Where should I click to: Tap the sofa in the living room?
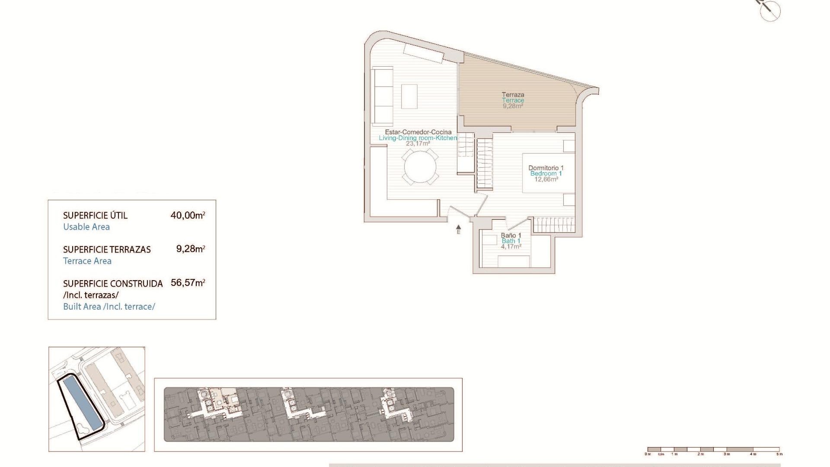[383, 95]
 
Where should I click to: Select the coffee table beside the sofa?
[409, 96]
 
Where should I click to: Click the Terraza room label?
[513, 95]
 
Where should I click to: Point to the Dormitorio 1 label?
[546, 168]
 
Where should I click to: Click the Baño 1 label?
[511, 236]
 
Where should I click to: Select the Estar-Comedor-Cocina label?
[418, 132]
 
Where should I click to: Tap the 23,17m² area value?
[418, 144]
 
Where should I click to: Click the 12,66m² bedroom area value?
[546, 179]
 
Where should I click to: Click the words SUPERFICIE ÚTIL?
[95, 215]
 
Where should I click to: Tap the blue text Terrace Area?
[87, 261]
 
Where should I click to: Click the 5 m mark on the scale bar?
[779, 454]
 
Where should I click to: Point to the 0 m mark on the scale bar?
[648, 454]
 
